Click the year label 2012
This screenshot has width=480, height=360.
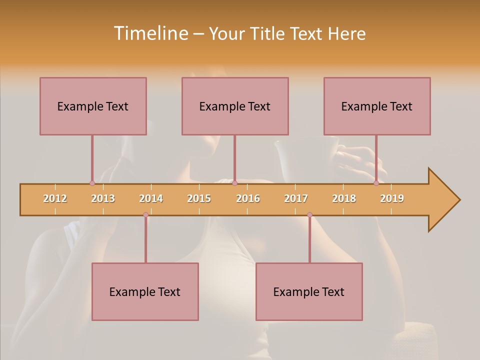(x=55, y=198)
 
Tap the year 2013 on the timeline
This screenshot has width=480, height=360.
(x=103, y=198)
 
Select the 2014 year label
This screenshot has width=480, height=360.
(x=151, y=198)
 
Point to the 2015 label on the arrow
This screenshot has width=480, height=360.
(x=199, y=198)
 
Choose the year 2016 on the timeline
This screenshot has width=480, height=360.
(x=248, y=198)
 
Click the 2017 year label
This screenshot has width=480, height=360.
(x=296, y=198)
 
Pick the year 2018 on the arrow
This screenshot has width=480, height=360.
(x=344, y=198)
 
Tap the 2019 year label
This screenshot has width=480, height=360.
(x=392, y=198)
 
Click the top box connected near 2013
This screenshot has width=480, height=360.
(x=93, y=106)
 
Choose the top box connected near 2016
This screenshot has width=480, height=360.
(x=235, y=106)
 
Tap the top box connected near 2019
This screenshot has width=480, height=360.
(x=377, y=106)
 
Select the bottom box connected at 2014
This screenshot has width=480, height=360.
(x=145, y=291)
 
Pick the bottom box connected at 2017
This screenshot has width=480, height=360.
(x=309, y=291)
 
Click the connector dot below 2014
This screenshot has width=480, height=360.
(x=145, y=214)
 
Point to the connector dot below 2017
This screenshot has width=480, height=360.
(x=309, y=214)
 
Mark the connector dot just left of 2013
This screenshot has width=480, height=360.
(x=92, y=183)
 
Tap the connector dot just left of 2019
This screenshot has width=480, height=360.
(x=376, y=183)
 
